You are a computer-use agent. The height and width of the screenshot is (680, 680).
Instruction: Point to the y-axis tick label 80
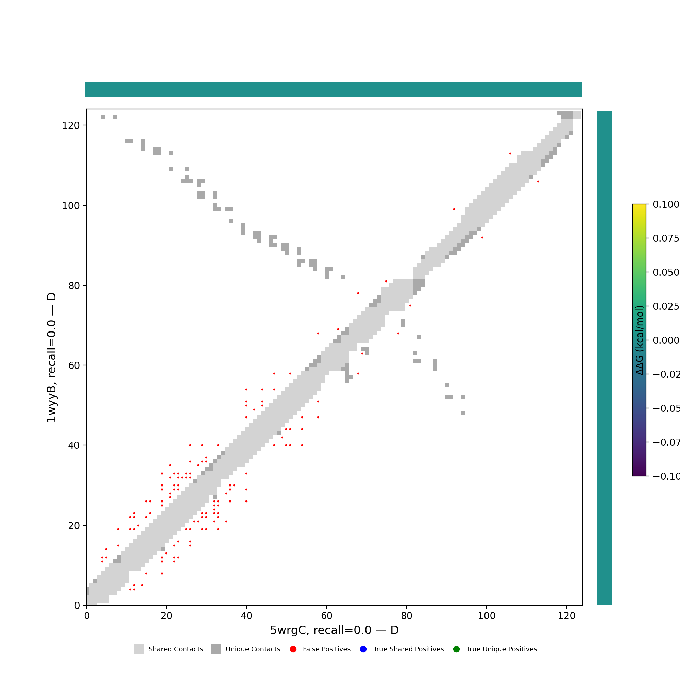[74, 286]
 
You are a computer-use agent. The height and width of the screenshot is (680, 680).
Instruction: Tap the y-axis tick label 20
[74, 526]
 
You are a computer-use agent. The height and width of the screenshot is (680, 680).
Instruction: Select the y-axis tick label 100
[71, 206]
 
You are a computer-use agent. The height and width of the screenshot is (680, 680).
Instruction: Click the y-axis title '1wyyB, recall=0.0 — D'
[51, 357]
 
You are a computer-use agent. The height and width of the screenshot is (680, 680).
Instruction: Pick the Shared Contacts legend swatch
[139, 649]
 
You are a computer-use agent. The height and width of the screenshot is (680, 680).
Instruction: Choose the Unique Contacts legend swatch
[216, 649]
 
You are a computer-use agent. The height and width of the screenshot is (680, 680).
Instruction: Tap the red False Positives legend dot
[293, 649]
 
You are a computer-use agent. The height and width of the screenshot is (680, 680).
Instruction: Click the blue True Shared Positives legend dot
[363, 649]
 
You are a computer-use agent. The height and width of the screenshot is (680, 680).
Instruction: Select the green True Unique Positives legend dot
[457, 649]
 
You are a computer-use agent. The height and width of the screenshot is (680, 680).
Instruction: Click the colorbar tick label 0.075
[666, 239]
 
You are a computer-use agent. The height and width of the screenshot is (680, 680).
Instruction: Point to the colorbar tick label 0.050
[666, 272]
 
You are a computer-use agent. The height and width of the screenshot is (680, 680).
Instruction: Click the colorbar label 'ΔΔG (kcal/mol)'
[640, 340]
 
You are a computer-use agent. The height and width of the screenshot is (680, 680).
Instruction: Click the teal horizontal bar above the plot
[334, 89]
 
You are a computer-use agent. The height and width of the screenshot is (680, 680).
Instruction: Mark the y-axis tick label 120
[71, 125]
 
